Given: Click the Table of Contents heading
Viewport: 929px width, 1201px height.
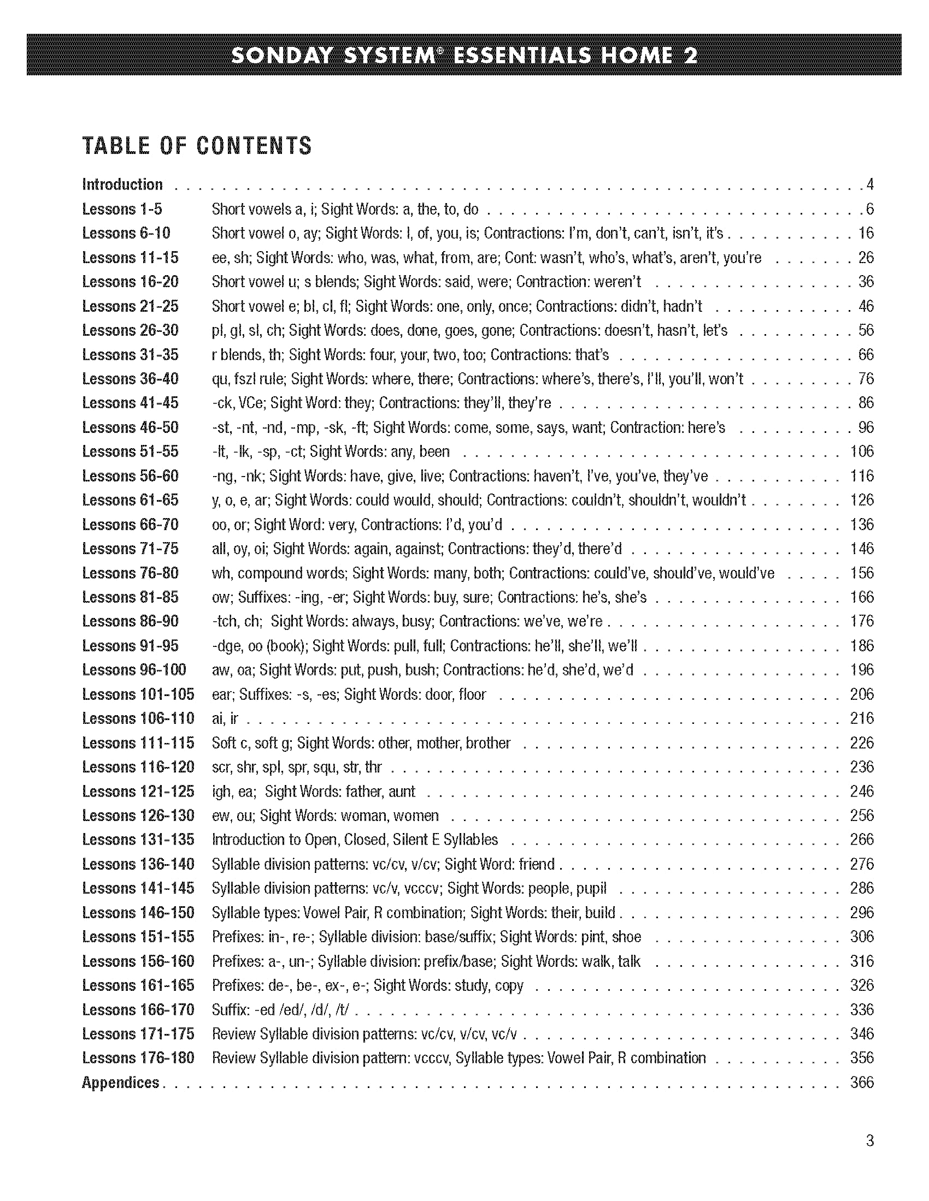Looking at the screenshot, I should click(x=197, y=146).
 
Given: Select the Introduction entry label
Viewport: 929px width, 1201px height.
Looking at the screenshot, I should click(x=122, y=184).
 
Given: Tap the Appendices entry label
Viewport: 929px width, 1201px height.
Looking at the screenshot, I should click(x=120, y=1082).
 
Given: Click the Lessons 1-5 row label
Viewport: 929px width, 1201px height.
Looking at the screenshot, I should click(x=122, y=209).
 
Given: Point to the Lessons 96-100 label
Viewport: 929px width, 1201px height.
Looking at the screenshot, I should click(x=134, y=670).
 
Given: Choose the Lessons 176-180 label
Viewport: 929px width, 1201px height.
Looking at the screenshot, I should click(x=138, y=1058).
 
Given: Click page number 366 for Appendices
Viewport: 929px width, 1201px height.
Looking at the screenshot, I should click(x=861, y=1082).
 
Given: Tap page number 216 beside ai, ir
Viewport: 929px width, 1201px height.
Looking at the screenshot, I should click(x=861, y=718).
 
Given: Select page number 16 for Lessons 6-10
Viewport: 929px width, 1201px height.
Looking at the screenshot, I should click(x=865, y=233).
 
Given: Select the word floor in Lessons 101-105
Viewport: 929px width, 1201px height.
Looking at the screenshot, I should click(x=472, y=694).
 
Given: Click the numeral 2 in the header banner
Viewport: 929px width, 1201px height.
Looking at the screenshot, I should click(x=690, y=56).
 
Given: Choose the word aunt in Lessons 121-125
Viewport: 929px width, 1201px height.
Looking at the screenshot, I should click(x=402, y=792).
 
